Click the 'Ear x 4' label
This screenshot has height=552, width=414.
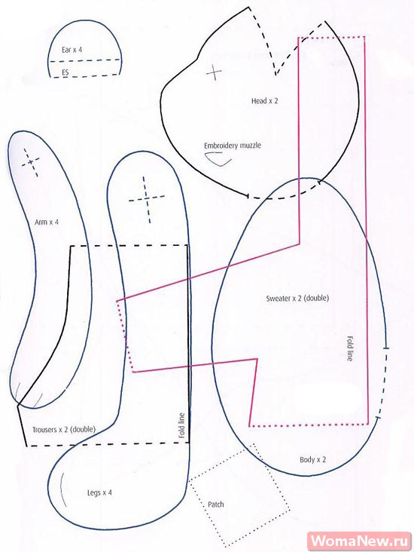[x=72, y=50]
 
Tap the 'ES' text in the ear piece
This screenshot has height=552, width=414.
[x=65, y=72]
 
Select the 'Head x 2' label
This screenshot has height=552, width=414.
[x=264, y=101]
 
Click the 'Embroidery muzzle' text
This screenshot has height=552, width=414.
[x=233, y=146]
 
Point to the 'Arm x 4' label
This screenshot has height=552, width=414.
[x=47, y=222]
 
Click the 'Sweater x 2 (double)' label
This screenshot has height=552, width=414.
[x=297, y=298]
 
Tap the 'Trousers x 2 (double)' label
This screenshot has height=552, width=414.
[x=64, y=430]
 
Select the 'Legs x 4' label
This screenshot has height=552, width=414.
[x=99, y=492]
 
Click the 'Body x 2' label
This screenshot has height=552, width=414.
[x=313, y=459]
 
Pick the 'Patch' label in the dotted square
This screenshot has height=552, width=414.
[x=216, y=504]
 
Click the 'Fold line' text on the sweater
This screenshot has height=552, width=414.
[x=349, y=348]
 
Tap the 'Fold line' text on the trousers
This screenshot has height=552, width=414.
[x=181, y=425]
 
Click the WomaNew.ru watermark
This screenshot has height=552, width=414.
[x=360, y=541]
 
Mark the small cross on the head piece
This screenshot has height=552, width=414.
[x=214, y=72]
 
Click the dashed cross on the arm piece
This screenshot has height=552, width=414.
[x=31, y=162]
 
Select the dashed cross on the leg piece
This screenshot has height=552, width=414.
[x=148, y=199]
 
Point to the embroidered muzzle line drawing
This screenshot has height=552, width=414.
[x=218, y=159]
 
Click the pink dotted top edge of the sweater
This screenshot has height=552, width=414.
[x=331, y=37]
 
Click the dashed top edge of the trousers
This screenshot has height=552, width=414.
[x=129, y=246]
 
